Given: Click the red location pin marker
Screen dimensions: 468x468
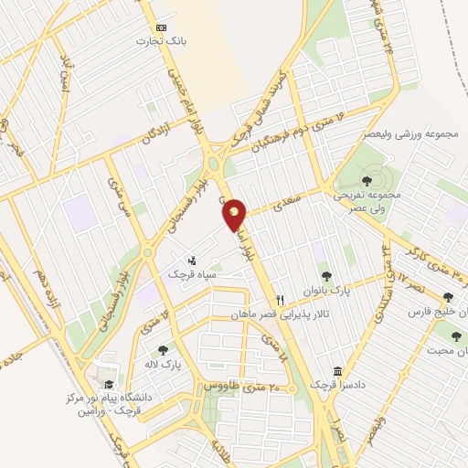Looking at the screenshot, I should (235, 213).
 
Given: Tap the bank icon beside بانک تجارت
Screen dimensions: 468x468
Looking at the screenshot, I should (161, 28).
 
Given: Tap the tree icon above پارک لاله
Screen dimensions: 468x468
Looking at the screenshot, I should (162, 349).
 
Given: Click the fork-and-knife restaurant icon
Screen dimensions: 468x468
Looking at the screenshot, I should (281, 299).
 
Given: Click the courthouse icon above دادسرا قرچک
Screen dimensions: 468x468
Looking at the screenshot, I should (338, 372).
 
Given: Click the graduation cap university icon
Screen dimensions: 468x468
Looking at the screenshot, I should (109, 384).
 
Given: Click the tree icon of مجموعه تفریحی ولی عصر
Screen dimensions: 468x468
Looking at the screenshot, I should (366, 180).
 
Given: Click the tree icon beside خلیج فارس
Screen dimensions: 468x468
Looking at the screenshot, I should (447, 297).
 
